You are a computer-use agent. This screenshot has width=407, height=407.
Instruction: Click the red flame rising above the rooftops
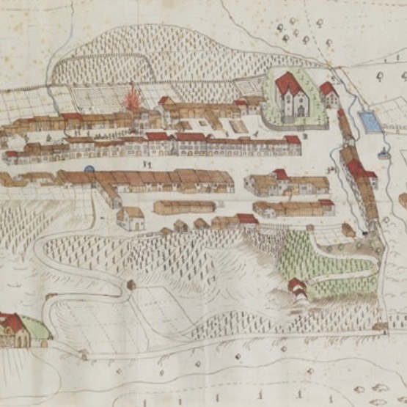tap(133, 98)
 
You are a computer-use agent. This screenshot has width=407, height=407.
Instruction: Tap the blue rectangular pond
tap(370, 122)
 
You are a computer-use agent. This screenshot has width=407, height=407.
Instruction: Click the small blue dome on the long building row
tap(89, 169)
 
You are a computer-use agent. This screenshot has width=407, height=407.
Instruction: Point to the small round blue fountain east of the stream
tap(383, 154)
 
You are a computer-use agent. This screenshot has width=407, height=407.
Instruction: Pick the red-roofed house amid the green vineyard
tap(297, 287)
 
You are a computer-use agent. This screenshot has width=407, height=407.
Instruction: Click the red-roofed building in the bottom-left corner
tap(13, 330)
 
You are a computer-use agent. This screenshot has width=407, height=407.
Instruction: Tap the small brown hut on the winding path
tap(131, 284)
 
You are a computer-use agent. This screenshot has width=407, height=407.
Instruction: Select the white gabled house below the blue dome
tap(131, 218)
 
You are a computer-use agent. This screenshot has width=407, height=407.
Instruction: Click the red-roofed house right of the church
tap(328, 92)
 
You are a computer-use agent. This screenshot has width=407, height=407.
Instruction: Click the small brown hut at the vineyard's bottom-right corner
tap(380, 325)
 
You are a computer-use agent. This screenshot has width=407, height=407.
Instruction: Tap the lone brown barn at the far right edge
tap(403, 199)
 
